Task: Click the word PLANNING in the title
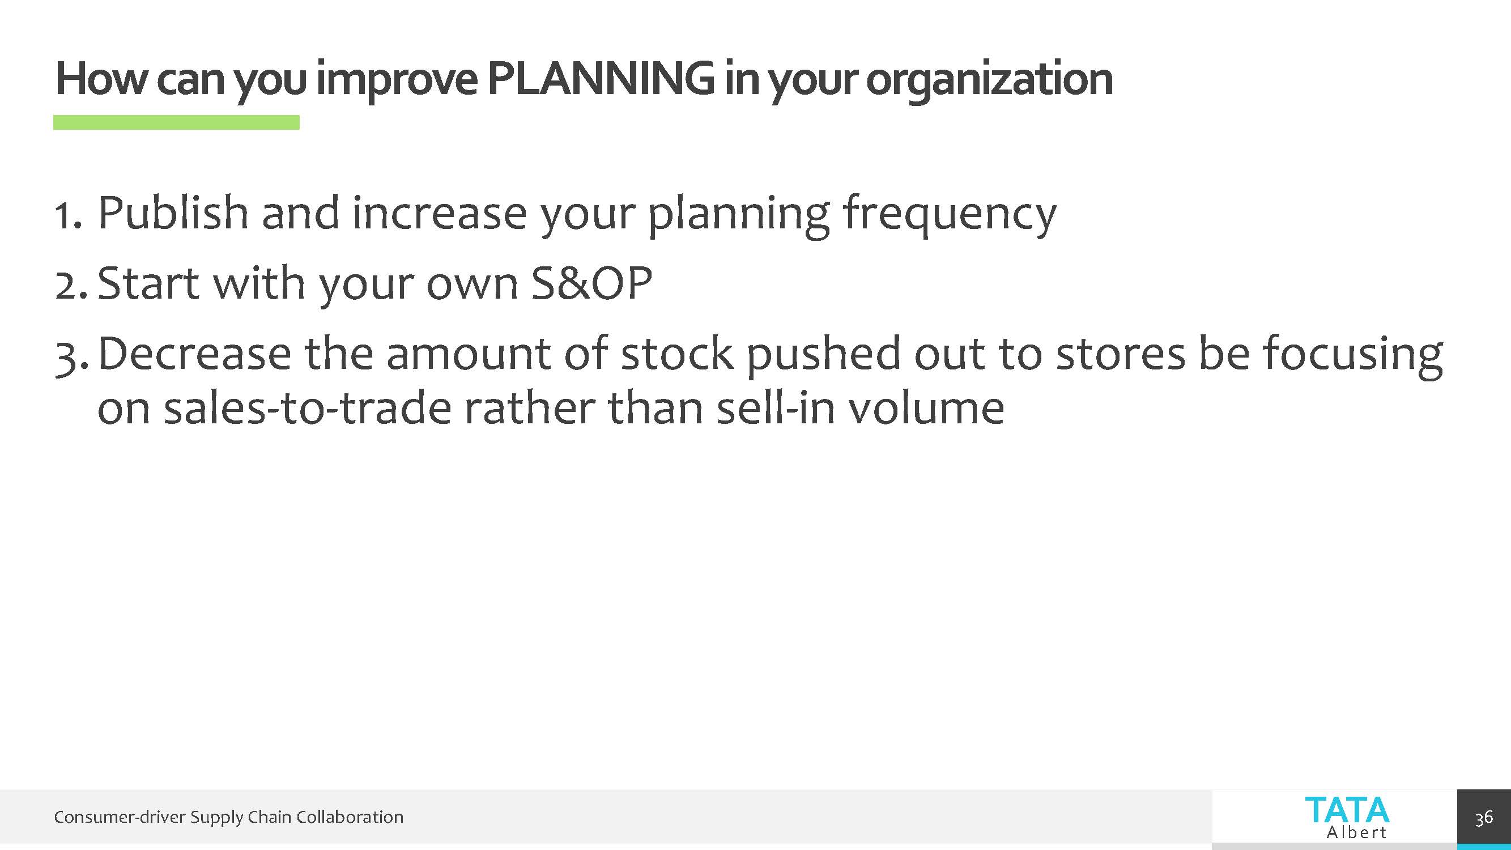pyautogui.click(x=601, y=79)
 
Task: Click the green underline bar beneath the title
pyautogui.click(x=177, y=122)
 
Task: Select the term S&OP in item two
pyautogui.click(x=592, y=283)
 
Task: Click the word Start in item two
pyautogui.click(x=148, y=283)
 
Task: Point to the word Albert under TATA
pyautogui.click(x=1357, y=832)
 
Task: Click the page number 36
pyautogui.click(x=1484, y=818)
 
